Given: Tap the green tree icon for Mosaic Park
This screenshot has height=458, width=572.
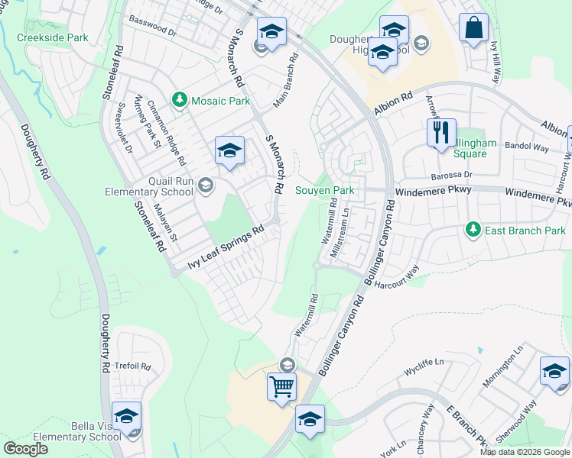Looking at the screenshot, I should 180,100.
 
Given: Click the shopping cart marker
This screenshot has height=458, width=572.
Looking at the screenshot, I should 281,386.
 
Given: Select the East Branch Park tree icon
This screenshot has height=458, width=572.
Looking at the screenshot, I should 473,229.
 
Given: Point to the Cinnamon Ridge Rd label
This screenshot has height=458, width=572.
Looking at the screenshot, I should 167,134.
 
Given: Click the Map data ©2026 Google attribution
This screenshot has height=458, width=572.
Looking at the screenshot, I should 525,452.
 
